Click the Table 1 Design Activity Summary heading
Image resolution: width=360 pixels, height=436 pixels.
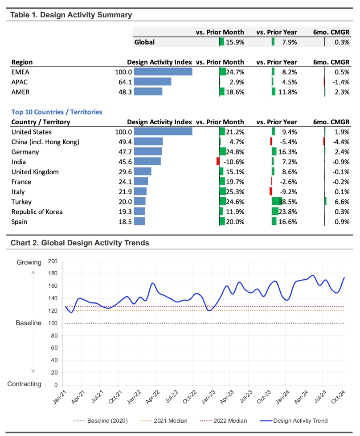click(x=71, y=15)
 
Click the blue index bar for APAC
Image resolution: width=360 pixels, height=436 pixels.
click(x=152, y=81)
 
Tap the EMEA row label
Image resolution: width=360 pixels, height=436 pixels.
click(x=20, y=72)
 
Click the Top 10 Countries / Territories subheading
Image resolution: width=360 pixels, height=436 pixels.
click(x=57, y=112)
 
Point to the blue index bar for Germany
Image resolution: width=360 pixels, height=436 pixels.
click(x=147, y=152)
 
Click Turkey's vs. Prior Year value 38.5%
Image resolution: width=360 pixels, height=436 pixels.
click(x=287, y=202)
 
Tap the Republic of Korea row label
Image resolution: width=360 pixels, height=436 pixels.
click(x=37, y=212)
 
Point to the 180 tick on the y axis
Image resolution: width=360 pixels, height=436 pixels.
click(x=53, y=274)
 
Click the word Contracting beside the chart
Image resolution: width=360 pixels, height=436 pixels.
click(x=25, y=384)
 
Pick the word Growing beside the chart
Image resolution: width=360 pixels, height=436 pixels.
click(x=29, y=262)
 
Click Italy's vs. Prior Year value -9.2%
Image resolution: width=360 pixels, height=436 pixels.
click(x=287, y=192)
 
